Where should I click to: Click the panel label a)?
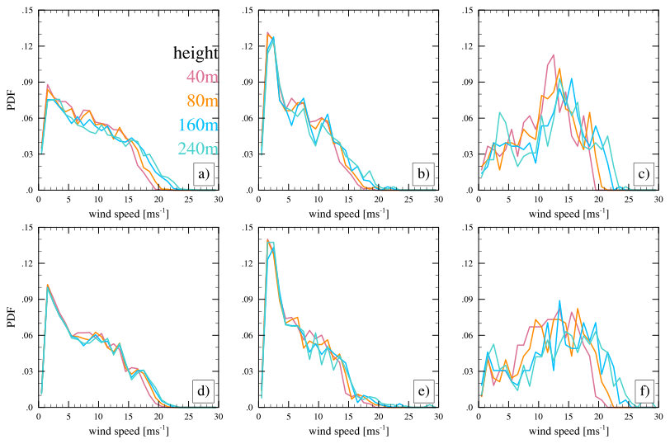tap(203, 174)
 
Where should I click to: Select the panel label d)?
tap(203, 390)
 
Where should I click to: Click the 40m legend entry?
tap(201, 78)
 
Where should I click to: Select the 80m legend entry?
tap(201, 102)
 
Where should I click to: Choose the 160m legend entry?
tap(198, 125)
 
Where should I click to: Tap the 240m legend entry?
tap(198, 149)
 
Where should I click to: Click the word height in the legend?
tap(196, 54)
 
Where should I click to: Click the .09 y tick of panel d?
tap(30, 300)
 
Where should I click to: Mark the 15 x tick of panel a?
tap(129, 200)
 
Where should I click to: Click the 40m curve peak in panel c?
tap(553, 55)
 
